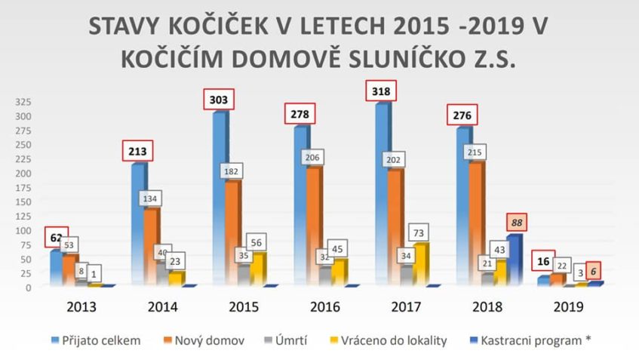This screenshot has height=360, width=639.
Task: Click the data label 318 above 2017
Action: click(x=381, y=91)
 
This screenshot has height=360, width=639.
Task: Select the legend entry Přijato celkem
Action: click(x=103, y=340)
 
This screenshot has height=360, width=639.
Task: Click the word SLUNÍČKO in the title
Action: click(x=401, y=60)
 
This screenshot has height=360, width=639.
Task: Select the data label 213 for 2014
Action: click(x=137, y=151)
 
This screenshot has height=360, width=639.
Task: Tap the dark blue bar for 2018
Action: click(x=512, y=260)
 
